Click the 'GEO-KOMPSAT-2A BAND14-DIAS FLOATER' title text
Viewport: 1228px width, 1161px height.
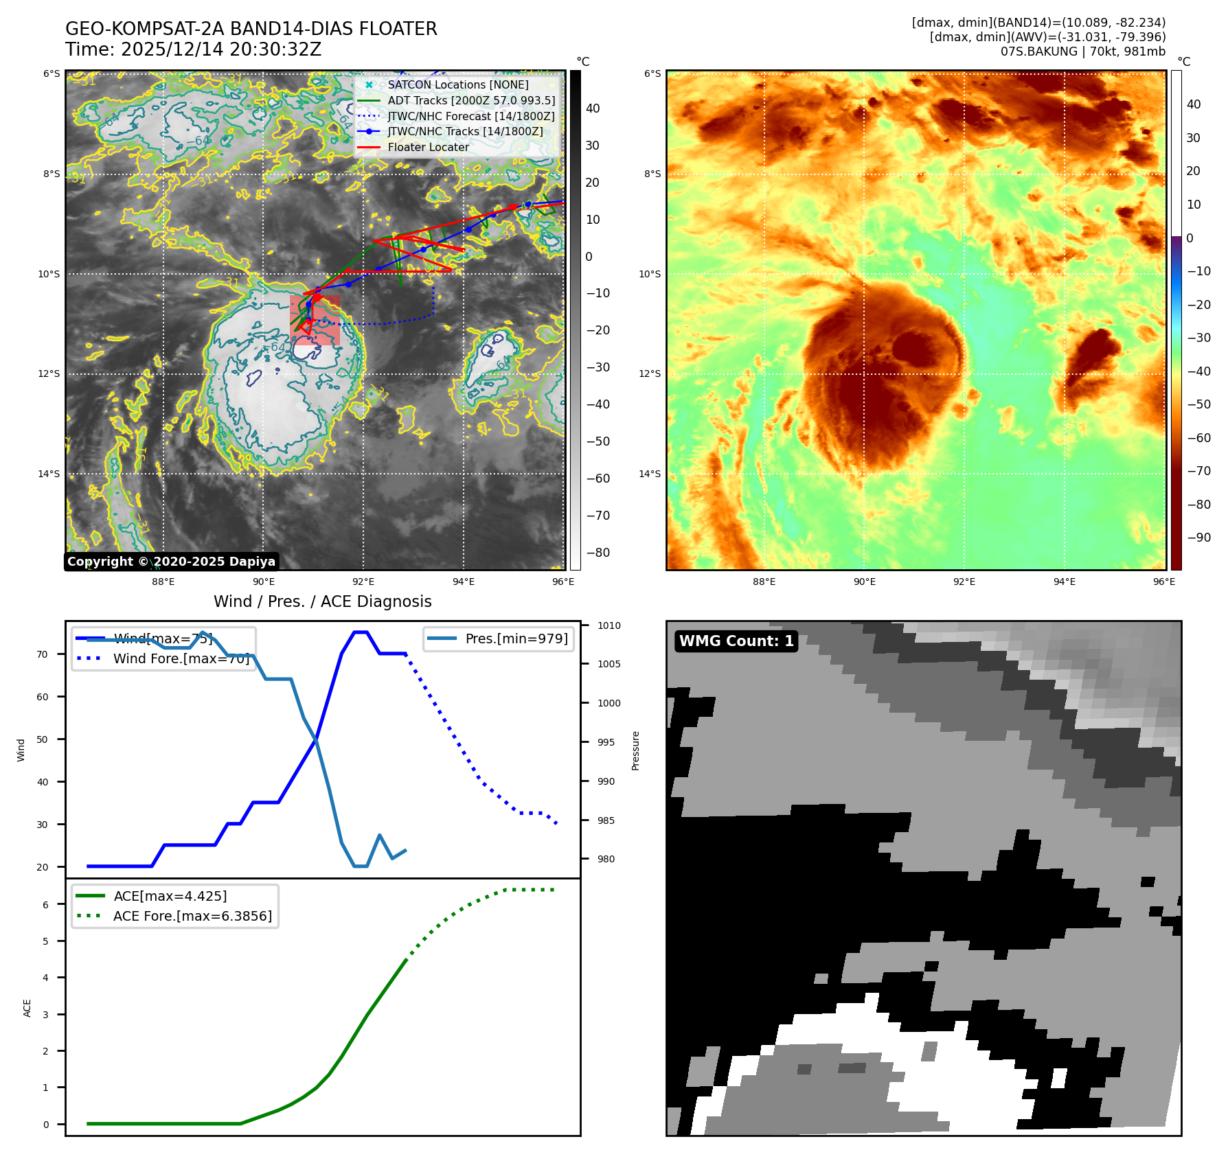tap(251, 29)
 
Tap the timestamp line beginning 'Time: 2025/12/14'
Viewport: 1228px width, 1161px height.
tap(193, 49)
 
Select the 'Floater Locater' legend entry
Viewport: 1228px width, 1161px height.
tap(428, 147)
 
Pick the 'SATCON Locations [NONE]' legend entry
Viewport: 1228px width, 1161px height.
tap(457, 84)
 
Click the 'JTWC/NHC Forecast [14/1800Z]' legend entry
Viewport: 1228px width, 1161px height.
tap(470, 116)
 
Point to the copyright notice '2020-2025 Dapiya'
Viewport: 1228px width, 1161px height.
tap(171, 562)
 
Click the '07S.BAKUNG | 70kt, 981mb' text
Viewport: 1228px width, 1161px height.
tap(1082, 51)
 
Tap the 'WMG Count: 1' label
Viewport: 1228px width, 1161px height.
tap(736, 641)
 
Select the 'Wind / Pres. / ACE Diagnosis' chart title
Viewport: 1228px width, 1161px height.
tap(322, 601)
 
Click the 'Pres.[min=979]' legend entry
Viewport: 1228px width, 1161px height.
tap(516, 639)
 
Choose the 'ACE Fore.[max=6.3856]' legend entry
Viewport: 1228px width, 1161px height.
tap(192, 916)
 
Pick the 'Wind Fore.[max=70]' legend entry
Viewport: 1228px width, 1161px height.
tap(181, 658)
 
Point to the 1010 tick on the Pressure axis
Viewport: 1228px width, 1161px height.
tap(609, 625)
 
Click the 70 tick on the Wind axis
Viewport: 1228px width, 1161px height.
tap(43, 654)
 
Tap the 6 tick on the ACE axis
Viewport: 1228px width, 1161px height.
tap(45, 905)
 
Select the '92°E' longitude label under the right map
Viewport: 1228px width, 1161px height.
tap(964, 582)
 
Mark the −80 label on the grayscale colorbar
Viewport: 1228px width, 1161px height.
tap(598, 553)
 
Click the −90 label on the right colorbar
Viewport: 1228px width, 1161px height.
tap(1198, 538)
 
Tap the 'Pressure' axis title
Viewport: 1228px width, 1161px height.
tap(635, 750)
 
